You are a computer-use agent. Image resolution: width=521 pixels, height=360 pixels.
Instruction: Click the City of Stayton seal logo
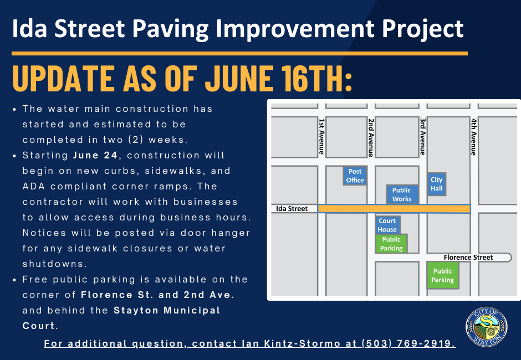coord(487,327)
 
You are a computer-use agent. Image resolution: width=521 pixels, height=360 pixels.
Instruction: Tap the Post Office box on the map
coord(355,176)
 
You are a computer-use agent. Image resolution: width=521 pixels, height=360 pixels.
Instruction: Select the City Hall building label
coord(437,184)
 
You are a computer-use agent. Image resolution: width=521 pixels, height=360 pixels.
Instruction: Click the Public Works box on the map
coord(402,194)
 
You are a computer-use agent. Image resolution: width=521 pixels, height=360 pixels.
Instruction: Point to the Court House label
coord(387,225)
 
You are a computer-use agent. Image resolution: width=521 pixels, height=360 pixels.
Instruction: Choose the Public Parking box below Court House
coord(391,244)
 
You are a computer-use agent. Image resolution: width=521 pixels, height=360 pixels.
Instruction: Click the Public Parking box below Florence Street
coord(443,275)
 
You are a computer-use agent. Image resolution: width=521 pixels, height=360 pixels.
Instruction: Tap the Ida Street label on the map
coord(292,209)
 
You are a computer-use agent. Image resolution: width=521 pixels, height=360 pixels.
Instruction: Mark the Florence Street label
coord(468,258)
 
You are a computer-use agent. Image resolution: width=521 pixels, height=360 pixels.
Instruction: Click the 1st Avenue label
coord(321,136)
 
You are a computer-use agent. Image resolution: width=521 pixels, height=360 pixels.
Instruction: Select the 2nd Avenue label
coord(371,137)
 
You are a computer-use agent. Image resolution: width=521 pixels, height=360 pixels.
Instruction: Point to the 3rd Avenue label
coord(423,136)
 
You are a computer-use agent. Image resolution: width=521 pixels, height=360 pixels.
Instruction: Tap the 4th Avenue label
coord(473,137)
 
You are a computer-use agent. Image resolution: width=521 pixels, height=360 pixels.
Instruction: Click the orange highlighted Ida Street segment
coord(394,209)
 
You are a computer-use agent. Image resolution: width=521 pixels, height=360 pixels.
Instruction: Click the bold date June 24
coord(95,156)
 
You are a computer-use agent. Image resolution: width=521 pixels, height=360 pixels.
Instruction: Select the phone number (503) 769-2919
coord(408,343)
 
